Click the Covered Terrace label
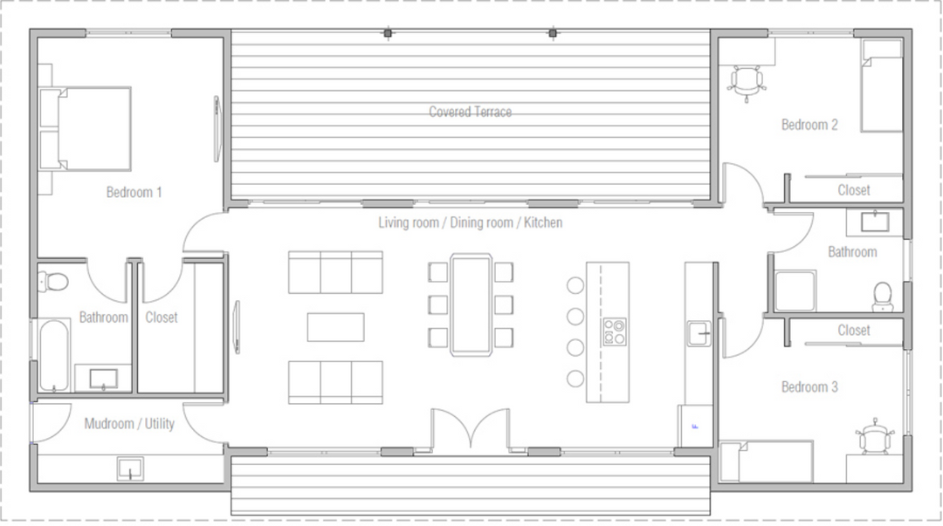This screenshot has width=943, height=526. coord(470,112)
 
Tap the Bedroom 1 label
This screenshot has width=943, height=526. coord(134,192)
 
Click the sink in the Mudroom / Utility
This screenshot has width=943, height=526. coord(131,468)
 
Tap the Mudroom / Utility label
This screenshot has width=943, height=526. coord(129,424)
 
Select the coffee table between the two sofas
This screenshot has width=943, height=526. coord(335,326)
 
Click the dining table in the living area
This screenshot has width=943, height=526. coord(471,304)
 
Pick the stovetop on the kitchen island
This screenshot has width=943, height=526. coord(614,331)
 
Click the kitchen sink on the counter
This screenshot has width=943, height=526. coord(699,333)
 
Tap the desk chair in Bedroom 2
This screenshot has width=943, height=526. coord(747,83)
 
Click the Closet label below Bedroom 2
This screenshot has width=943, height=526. coord(853,189)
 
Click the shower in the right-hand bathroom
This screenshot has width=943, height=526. coord(795,290)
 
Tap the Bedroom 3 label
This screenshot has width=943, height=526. coord(809,386)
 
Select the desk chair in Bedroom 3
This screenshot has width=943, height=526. coord(876,437)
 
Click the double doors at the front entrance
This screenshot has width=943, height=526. coord(471,429)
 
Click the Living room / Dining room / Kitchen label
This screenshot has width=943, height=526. coord(470,222)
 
